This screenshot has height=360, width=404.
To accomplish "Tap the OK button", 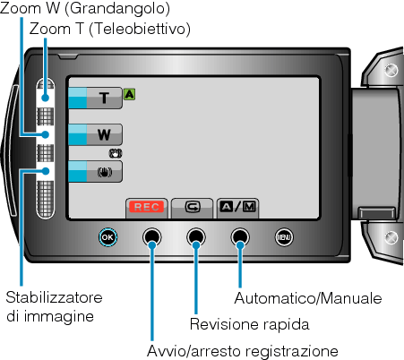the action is click(107, 237).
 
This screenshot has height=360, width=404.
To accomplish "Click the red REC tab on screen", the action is click(147, 207).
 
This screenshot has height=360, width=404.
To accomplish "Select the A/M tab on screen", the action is click(237, 207).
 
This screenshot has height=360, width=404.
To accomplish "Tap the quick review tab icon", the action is click(193, 207).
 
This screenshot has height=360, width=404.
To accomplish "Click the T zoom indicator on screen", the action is click(95, 98).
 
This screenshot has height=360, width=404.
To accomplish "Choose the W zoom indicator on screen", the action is click(95, 134).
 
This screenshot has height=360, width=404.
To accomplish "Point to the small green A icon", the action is click(129, 94).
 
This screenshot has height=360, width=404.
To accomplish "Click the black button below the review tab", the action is click(196, 237).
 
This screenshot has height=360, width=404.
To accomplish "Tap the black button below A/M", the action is click(240, 237).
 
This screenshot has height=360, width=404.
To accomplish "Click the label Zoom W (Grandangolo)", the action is click(85, 8).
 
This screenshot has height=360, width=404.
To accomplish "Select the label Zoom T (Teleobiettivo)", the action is click(110, 30).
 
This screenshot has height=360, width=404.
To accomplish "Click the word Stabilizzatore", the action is click(54, 297).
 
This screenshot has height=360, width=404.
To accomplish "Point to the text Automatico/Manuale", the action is click(308, 298).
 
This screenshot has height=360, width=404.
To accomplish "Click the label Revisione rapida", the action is click(250, 324).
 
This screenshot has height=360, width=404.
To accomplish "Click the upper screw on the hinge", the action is click(391, 71).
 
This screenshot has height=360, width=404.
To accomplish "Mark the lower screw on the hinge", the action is click(391, 237).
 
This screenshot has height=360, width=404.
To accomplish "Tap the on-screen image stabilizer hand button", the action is click(95, 171).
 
